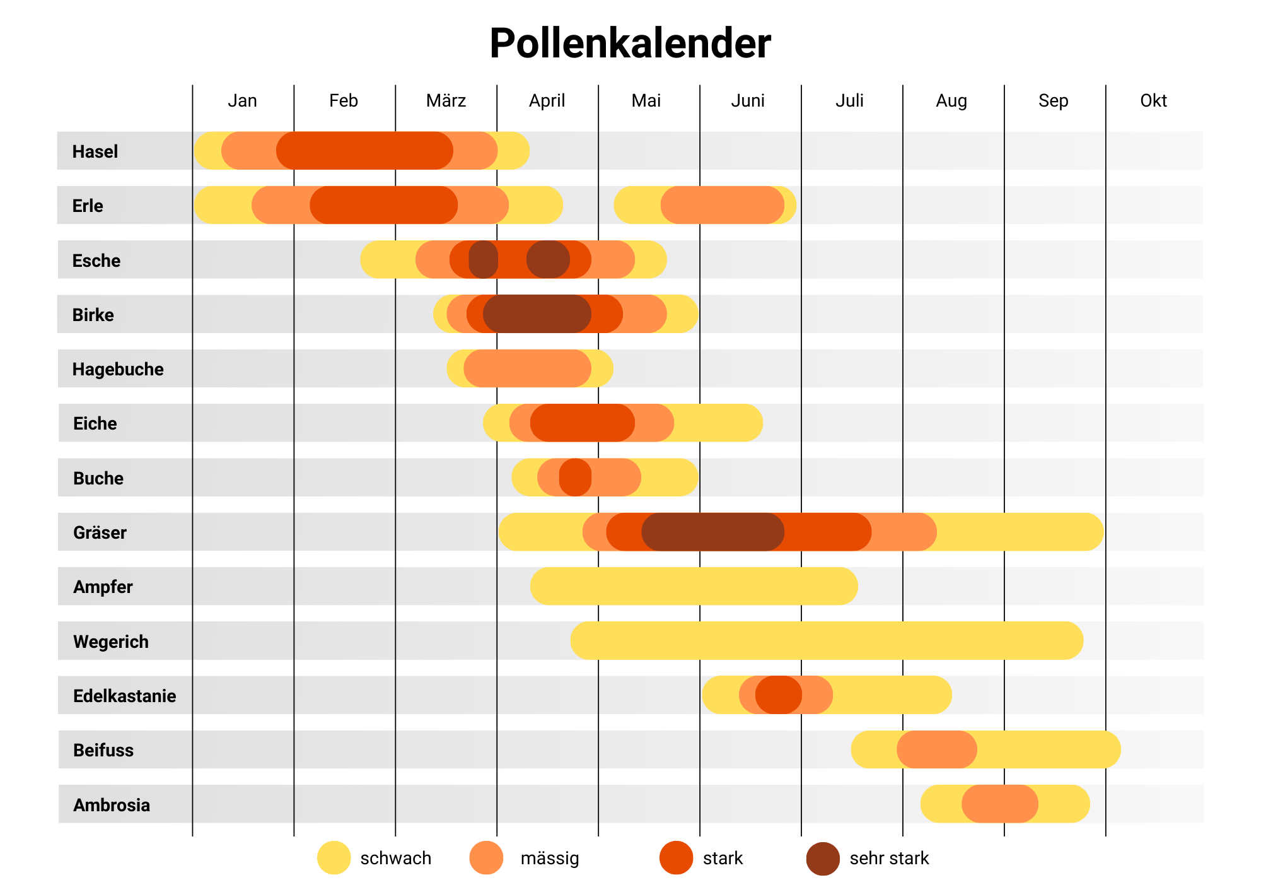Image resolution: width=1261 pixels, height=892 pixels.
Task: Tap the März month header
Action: (x=446, y=100)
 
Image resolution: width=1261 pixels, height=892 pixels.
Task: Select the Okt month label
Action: (x=1153, y=100)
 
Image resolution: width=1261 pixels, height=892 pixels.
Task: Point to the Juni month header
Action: (x=748, y=100)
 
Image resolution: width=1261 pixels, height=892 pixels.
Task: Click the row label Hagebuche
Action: (x=118, y=369)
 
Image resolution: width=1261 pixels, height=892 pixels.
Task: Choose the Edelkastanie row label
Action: (x=124, y=696)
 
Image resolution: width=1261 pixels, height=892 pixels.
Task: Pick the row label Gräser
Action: (x=100, y=532)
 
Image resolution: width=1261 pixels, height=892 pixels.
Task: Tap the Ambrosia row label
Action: (x=111, y=805)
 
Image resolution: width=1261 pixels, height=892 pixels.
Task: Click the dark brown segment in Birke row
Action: (x=537, y=314)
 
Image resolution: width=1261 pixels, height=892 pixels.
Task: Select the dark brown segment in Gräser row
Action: (x=712, y=532)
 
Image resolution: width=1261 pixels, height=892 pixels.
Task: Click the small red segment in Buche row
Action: (x=575, y=478)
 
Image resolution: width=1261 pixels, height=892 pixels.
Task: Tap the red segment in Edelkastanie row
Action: (x=779, y=695)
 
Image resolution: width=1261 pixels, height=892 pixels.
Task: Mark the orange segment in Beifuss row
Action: (x=937, y=749)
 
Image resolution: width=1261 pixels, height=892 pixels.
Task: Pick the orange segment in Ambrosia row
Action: (x=1000, y=804)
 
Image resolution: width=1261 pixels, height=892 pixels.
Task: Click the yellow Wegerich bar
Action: (x=826, y=641)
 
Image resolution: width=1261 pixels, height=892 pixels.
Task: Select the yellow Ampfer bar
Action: (x=694, y=586)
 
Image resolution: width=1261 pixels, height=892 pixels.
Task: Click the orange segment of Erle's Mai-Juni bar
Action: (x=723, y=205)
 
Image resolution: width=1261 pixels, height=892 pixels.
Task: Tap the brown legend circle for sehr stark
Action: (x=823, y=859)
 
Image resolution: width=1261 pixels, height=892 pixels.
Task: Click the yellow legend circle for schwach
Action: (x=334, y=858)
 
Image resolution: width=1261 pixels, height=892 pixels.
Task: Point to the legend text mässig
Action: (x=549, y=859)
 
